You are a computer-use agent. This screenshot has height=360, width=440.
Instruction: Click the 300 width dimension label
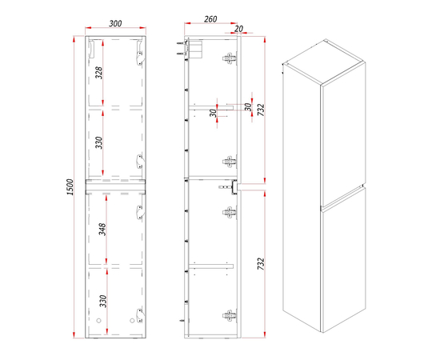point(115,23)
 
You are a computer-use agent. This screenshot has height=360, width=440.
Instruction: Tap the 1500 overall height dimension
point(70,187)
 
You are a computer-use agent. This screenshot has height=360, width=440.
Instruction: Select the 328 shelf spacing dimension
point(99,73)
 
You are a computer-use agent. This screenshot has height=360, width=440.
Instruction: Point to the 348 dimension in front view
point(102,230)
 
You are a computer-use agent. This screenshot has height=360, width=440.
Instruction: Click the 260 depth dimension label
point(210,19)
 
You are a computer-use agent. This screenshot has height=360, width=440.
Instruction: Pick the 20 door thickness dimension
point(238,29)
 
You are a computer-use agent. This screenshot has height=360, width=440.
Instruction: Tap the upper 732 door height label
point(261,110)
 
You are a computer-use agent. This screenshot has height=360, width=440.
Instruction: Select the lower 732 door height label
point(261,264)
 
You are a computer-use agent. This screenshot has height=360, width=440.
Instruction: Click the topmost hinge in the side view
point(230,58)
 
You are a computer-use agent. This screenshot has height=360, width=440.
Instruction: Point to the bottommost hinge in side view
point(230,316)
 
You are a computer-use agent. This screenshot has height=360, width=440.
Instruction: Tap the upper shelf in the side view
point(211,108)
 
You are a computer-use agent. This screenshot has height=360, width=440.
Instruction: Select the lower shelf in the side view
point(211,266)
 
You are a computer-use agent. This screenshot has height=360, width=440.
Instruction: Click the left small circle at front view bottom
point(98,321)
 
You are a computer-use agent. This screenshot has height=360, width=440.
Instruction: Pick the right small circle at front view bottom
point(132,321)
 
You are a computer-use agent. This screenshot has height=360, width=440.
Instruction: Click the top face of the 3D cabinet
point(324,62)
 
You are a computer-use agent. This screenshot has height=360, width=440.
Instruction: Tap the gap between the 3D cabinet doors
point(343,197)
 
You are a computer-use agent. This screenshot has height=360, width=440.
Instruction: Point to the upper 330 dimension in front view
point(99,142)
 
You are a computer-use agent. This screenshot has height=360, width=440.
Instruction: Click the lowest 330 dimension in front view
point(103,301)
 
